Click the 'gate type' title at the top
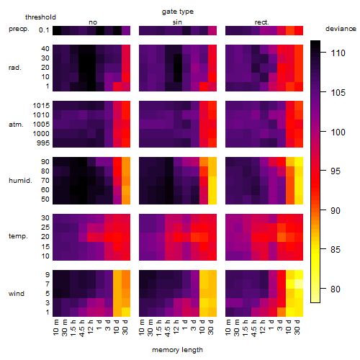point(178,12)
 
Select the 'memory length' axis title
point(177,350)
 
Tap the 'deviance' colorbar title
point(341,29)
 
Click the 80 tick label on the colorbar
point(336,289)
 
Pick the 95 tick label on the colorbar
point(336,171)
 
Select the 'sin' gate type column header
point(177,22)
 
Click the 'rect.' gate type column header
point(262,22)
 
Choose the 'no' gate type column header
point(93,22)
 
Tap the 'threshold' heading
point(40,17)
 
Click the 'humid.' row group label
point(20,181)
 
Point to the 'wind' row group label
point(17,294)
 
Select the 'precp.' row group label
point(19,29)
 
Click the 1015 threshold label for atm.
point(41,106)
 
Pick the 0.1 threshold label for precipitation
point(44,30)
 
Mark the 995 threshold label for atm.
point(43,143)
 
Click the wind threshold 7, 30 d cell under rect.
point(299,284)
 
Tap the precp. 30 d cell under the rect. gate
point(299,30)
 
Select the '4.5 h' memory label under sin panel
point(168,328)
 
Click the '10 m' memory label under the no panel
point(55,327)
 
